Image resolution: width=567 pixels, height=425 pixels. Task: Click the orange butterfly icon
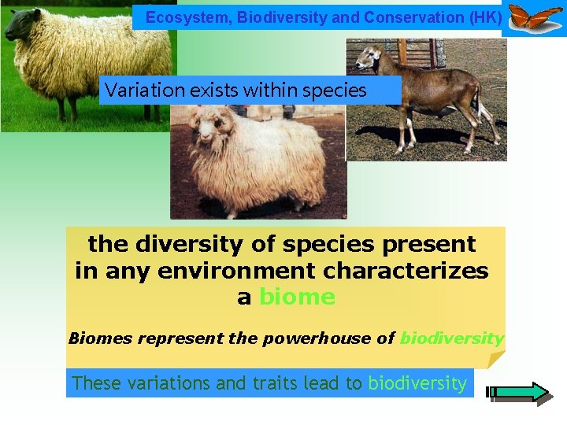pos(535,17)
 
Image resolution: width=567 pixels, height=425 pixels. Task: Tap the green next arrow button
pos(521,392)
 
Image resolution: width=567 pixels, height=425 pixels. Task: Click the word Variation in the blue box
pos(138,91)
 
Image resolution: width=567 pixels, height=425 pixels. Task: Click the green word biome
pos(297,297)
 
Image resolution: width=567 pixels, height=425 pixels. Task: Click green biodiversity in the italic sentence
pos(451,338)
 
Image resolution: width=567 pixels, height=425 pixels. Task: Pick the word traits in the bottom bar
pos(276,383)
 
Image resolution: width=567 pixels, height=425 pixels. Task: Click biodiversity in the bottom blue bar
pos(417,383)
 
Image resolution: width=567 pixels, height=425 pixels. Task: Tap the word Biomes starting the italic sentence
pos(101,338)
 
